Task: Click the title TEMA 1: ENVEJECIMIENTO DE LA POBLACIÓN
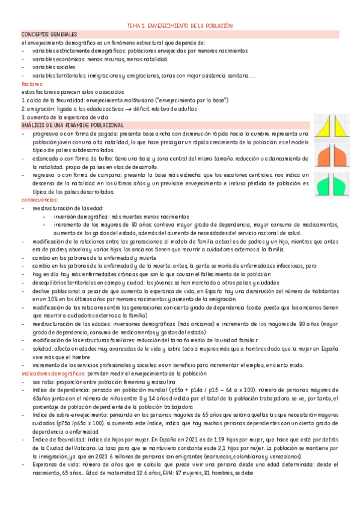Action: point(180,25)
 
